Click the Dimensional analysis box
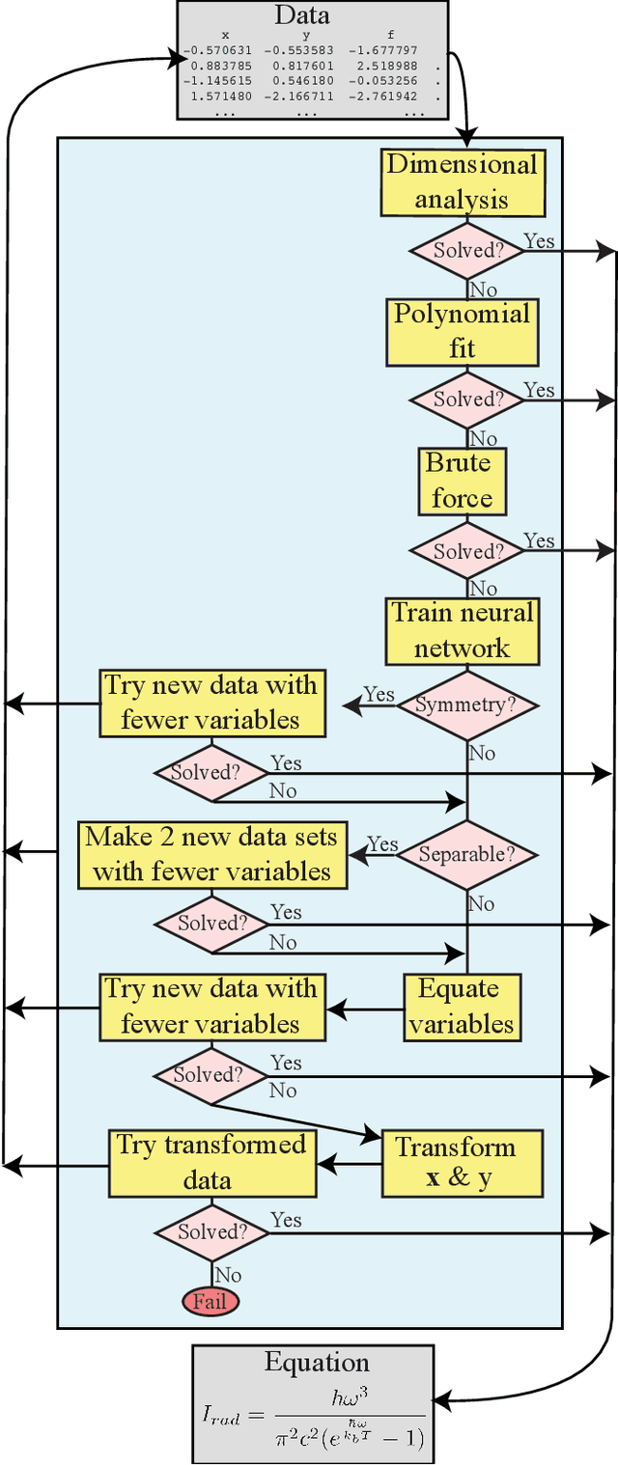pos(463,182)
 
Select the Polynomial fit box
pos(463,332)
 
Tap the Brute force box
pos(462,481)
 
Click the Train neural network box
pos(463,630)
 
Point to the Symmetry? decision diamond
pos(466,705)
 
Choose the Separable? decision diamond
pos(466,854)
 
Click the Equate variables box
pos(462,1007)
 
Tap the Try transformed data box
pos(211,1163)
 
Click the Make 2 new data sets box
pos(211,854)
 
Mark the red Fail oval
pos(210,1301)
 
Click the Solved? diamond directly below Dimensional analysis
pos(467,249)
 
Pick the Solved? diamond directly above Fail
pos(211,1232)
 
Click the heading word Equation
pos(317,1363)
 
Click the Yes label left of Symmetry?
pos(379,695)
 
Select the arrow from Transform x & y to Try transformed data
pos(350,1163)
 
